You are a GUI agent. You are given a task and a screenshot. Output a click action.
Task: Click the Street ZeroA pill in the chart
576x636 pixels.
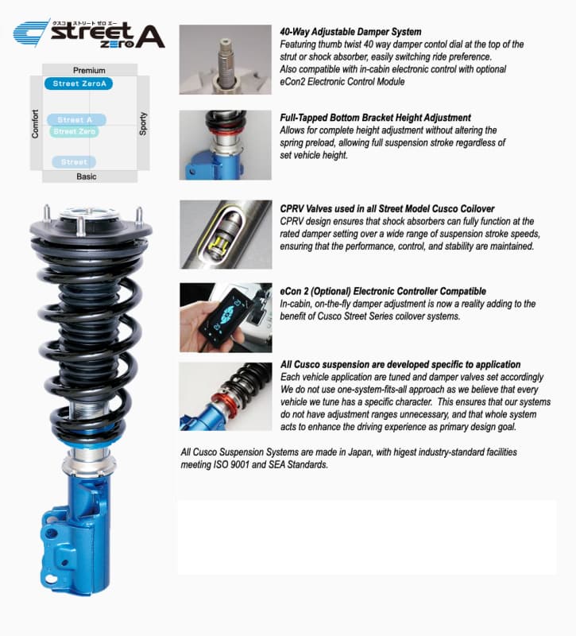[x=78, y=83]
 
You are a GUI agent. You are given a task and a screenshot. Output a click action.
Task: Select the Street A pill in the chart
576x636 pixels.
[x=76, y=120]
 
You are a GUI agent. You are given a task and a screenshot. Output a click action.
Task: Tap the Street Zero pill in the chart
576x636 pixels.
[x=75, y=131]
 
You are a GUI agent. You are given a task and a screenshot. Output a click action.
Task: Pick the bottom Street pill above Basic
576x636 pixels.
[x=74, y=162]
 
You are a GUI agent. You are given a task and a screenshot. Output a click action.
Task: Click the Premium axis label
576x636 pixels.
[x=89, y=71]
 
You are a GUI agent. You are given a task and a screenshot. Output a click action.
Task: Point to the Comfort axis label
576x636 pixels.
[x=35, y=124]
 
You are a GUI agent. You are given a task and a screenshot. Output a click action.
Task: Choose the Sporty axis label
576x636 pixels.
[x=144, y=123]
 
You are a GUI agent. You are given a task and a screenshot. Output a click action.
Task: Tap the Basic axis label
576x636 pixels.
[x=87, y=176]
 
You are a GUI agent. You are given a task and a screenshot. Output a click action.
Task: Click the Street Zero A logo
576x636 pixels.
[x=89, y=35]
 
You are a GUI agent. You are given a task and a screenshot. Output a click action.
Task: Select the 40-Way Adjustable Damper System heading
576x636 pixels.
[x=350, y=33]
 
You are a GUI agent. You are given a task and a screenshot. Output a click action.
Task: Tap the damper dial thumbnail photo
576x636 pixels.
[x=226, y=60]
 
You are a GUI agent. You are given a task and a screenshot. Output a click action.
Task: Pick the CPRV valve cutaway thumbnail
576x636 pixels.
[x=226, y=235]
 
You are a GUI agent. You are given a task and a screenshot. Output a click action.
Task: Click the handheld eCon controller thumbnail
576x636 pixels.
[x=226, y=316]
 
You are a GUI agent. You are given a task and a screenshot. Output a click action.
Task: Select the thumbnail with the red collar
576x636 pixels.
[x=226, y=396]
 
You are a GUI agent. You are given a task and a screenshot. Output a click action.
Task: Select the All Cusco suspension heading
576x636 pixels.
[x=400, y=364]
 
